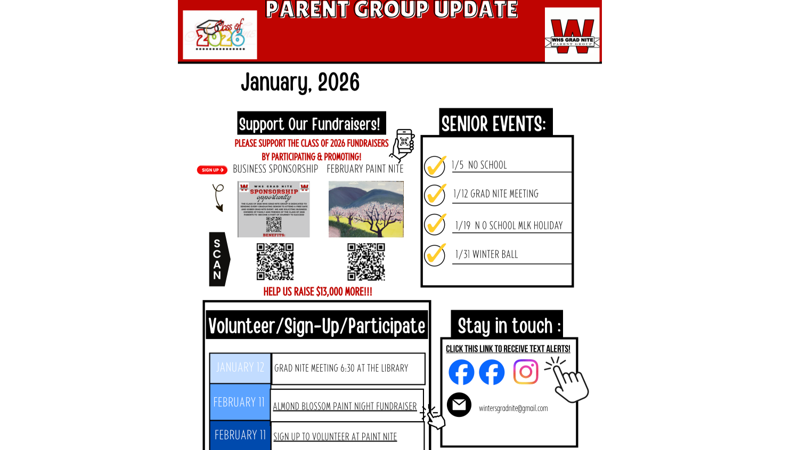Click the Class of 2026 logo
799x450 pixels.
(x=219, y=35)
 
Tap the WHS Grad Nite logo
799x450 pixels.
(x=572, y=35)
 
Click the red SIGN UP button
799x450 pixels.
(x=212, y=170)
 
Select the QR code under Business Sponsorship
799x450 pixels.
(x=275, y=262)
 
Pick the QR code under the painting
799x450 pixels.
(x=366, y=262)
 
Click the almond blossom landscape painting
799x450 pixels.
(x=366, y=209)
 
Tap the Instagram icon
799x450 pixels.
(x=526, y=372)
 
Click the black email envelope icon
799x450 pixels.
(x=459, y=405)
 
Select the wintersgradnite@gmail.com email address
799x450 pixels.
(x=513, y=408)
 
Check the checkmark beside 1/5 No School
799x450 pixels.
(x=435, y=166)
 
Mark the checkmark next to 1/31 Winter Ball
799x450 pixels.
(x=435, y=254)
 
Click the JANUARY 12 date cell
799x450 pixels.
(x=240, y=368)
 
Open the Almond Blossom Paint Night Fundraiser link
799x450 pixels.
(x=345, y=406)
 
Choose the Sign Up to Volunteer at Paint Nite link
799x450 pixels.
(x=335, y=437)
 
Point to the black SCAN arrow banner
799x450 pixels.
(x=218, y=259)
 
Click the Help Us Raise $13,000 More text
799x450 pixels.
(x=317, y=292)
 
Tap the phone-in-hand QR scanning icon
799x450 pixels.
(x=403, y=145)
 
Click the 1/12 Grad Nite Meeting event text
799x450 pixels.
(x=495, y=194)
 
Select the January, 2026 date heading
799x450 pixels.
(x=300, y=83)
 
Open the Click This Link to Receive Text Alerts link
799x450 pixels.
(x=508, y=349)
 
